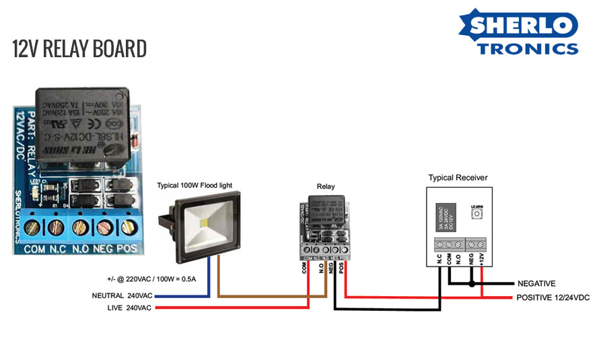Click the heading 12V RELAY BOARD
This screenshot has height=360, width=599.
click(x=79, y=48)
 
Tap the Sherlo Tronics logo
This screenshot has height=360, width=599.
click(x=518, y=32)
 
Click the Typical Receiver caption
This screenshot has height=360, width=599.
click(x=458, y=178)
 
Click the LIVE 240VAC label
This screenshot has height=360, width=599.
click(x=129, y=308)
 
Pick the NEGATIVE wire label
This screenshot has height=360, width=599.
click(x=536, y=284)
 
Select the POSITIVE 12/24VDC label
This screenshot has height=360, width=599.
click(x=553, y=297)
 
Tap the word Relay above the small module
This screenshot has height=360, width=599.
click(x=326, y=186)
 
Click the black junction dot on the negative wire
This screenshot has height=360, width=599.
click(x=472, y=284)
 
